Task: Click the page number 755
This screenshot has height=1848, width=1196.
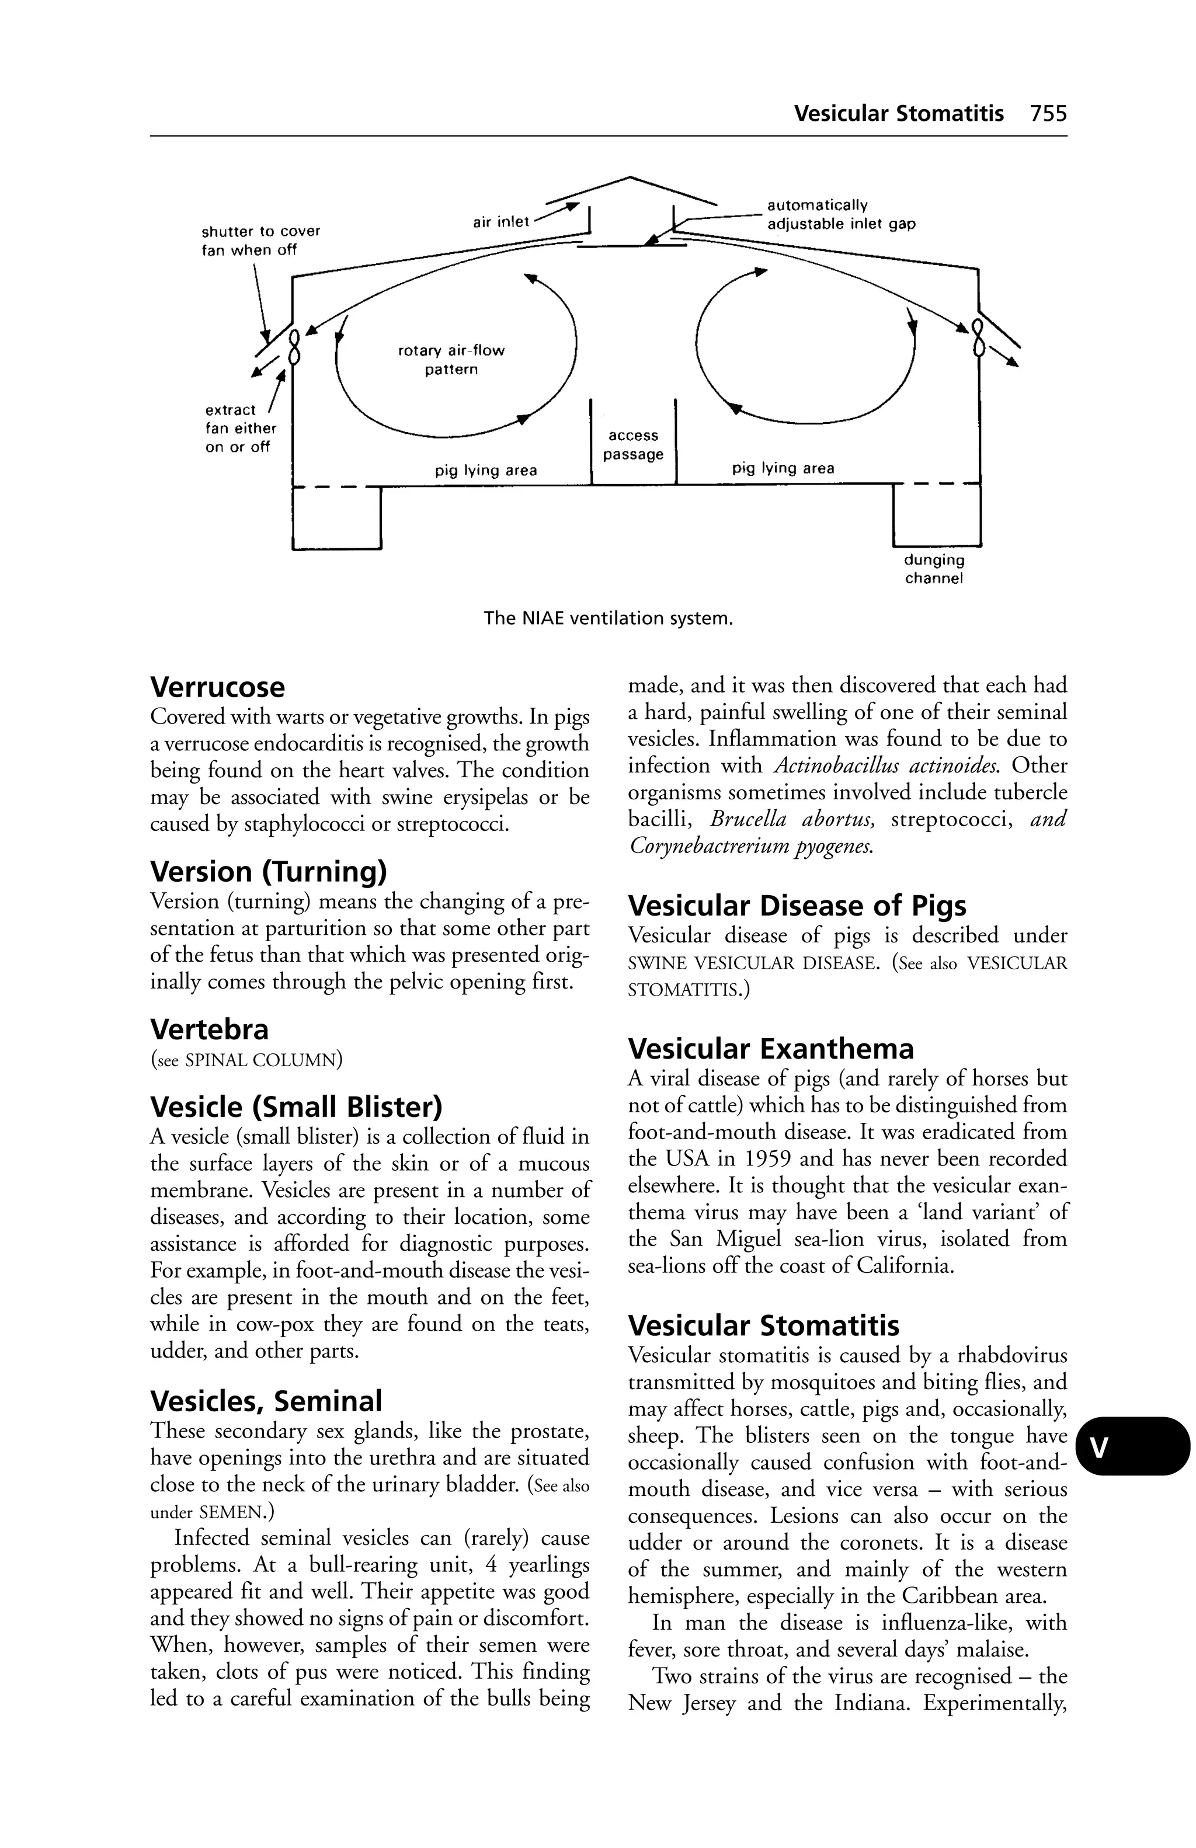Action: (1048, 114)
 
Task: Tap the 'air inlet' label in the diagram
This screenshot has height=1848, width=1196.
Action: (501, 222)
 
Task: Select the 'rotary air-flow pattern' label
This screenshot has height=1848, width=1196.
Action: (451, 360)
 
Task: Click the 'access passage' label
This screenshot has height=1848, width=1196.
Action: (633, 445)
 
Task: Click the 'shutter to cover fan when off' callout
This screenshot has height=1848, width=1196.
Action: (260, 241)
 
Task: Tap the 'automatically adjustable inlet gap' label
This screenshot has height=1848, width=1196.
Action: (841, 215)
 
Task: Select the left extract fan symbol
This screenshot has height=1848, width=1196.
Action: (294, 346)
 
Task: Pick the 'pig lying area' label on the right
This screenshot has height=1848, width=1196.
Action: (783, 468)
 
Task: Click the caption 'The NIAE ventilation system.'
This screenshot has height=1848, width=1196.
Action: (608, 619)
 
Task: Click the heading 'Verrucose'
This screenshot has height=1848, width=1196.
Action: (217, 688)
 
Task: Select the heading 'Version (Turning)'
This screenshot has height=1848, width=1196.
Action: (268, 872)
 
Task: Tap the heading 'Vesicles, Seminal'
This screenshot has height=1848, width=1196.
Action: (266, 1401)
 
